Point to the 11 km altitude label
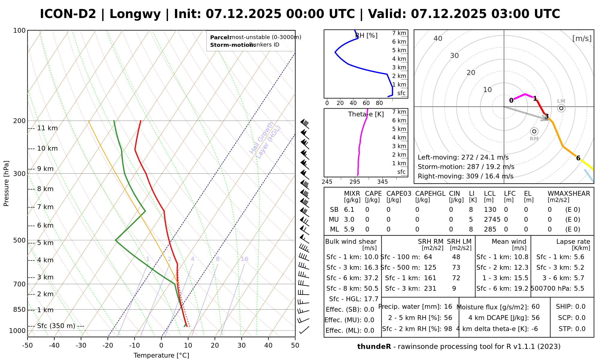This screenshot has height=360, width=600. coord(47,128)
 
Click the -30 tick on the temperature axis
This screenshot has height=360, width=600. coord(81,345)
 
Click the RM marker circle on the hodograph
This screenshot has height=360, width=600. coord(534,131)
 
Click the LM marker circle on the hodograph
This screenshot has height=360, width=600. coord(561,108)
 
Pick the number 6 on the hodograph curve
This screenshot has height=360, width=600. coord(578,158)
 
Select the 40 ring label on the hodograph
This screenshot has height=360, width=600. coord(438,38)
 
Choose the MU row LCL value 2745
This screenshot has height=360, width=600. coord(492,220)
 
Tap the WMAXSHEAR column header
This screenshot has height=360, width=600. coord(569,193)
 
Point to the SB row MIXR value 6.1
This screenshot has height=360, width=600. coord(349,210)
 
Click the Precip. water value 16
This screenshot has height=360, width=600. coord(448,307)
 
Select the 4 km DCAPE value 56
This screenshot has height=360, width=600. coord(535,318)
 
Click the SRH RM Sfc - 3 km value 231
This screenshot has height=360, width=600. coord(430,289)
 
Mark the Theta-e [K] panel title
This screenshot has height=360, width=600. coord(366,114)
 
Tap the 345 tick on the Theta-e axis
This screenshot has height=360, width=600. coord(382,182)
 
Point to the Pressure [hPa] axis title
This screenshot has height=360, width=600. coord(6,183)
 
